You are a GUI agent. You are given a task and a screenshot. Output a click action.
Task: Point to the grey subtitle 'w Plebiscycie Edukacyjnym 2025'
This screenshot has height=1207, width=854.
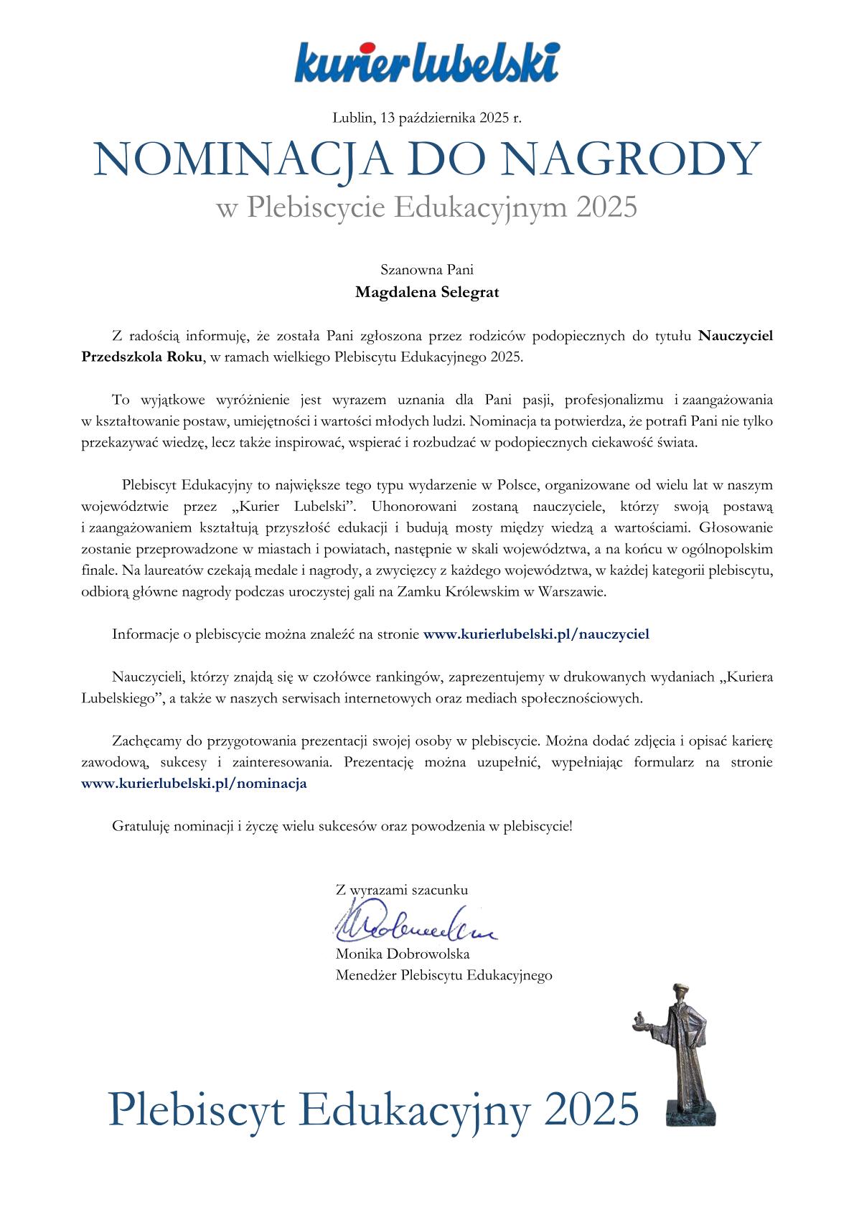coord(427,207)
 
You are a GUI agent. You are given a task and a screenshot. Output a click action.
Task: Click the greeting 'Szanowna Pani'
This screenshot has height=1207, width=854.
coord(427,271)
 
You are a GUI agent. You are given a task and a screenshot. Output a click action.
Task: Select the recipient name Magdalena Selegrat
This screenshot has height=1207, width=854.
coord(427,293)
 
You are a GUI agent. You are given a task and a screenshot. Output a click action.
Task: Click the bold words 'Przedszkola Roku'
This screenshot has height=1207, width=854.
coord(142,357)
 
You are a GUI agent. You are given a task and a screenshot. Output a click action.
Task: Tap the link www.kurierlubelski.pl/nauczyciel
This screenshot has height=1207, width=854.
coord(536,634)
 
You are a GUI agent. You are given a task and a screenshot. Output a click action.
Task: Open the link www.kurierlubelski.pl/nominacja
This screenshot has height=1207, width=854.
coord(194,784)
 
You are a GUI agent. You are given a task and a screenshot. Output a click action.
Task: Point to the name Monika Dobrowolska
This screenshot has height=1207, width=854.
coord(403,954)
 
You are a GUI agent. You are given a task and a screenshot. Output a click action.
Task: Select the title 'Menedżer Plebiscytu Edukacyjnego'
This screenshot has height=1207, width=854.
coord(444,975)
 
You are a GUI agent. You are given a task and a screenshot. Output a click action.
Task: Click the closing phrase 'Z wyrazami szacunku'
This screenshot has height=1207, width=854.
coord(402,890)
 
